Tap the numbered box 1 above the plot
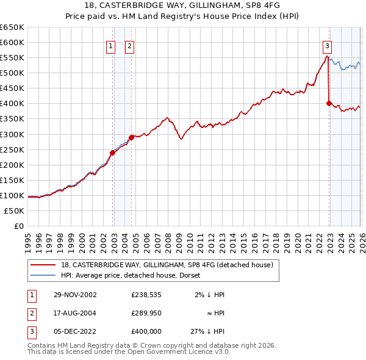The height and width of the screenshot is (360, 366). pyautogui.click(x=110, y=45)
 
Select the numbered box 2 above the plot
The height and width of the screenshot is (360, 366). pyautogui.click(x=130, y=45)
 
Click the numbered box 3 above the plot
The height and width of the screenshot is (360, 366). pyautogui.click(x=328, y=45)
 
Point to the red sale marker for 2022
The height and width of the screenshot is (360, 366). pyautogui.click(x=329, y=104)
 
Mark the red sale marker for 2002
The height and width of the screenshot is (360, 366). pyautogui.click(x=113, y=153)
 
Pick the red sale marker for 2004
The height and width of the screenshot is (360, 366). pyautogui.click(x=131, y=137)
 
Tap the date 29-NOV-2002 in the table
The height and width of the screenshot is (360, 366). pyautogui.click(x=74, y=294)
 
